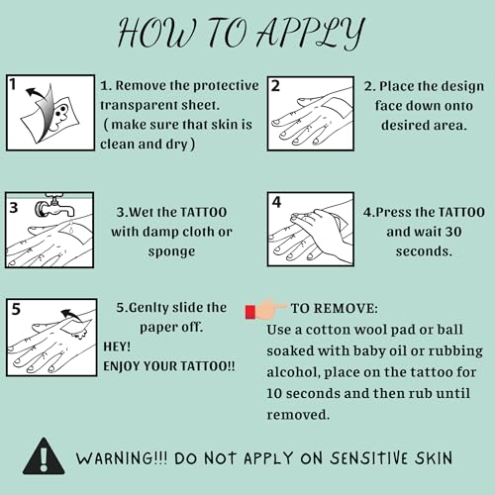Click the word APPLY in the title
[x=311, y=33]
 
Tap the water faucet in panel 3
[x=54, y=206]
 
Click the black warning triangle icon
[x=44, y=456]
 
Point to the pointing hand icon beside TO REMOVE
[x=265, y=310]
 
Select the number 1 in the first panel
[x=13, y=84]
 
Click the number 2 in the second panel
[x=275, y=86]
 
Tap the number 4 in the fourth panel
[x=276, y=202]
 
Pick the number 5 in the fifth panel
[x=16, y=309]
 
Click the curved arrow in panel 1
[x=37, y=93]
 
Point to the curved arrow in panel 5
[x=71, y=315]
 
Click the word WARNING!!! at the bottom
[x=122, y=458]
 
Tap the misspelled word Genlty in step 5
[x=146, y=308]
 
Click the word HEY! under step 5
[x=117, y=346]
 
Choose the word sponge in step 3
[x=171, y=252]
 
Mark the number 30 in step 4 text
[x=453, y=232]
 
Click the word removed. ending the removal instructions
[x=298, y=415]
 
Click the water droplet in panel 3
[x=72, y=228]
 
